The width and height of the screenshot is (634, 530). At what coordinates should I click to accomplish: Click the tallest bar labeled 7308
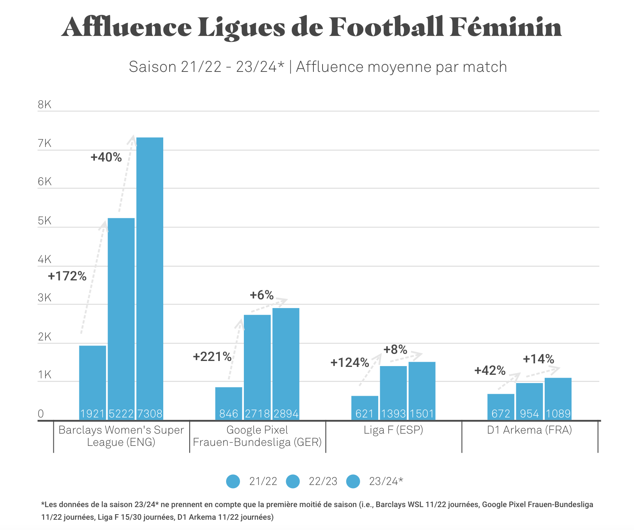click(x=150, y=276)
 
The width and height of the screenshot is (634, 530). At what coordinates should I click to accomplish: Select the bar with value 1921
click(x=92, y=381)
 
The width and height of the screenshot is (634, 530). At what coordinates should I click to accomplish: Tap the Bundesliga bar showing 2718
click(x=257, y=365)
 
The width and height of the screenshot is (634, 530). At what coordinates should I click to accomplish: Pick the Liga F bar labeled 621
click(x=364, y=407)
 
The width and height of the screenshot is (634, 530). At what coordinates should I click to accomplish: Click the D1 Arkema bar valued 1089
click(x=558, y=397)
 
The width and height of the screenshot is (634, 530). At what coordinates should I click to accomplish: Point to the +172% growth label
click(x=67, y=276)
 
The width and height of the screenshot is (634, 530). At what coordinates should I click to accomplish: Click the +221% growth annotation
click(x=212, y=357)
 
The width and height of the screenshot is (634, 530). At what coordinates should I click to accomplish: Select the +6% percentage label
click(x=262, y=295)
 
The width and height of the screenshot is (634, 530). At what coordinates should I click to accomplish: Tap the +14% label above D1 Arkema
click(x=538, y=359)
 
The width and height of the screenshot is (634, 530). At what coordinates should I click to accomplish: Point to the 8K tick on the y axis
click(x=45, y=105)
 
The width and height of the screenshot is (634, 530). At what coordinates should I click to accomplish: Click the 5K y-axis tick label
click(x=45, y=221)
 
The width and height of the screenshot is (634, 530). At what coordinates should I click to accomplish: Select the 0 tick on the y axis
click(x=41, y=414)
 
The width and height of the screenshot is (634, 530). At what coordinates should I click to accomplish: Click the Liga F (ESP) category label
click(x=393, y=430)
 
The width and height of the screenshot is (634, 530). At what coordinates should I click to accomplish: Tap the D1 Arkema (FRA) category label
click(x=529, y=430)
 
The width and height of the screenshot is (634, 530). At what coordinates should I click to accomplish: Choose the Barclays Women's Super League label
click(x=121, y=436)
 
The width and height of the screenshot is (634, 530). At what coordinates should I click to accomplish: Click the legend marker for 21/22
click(x=233, y=481)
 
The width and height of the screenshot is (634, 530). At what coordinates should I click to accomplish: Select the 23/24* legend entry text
click(x=386, y=481)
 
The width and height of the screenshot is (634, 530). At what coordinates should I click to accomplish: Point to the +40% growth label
click(x=106, y=157)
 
